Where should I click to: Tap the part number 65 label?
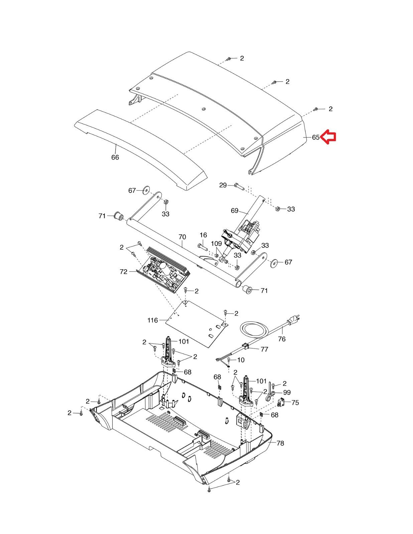point(315,138)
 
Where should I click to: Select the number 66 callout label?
point(115,157)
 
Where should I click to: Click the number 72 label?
point(124,272)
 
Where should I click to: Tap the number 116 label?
point(152,320)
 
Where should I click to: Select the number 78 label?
point(280,443)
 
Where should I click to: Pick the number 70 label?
point(182,237)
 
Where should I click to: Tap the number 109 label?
point(217,244)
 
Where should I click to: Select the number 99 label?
point(287,392)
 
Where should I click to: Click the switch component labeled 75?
point(281,403)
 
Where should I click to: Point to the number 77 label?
point(264,349)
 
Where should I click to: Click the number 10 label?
point(241,360)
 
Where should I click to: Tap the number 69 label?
point(235,211)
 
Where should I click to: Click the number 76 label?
point(282,339)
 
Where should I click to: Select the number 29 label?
point(223,185)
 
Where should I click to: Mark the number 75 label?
point(295,403)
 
